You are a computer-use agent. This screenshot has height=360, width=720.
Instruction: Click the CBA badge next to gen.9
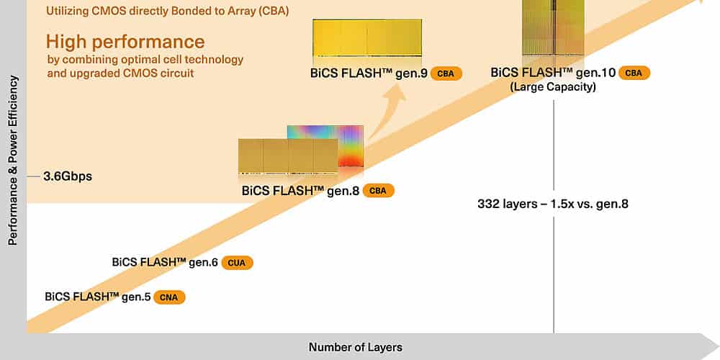446,73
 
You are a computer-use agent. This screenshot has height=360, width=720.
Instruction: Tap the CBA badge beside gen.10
634,73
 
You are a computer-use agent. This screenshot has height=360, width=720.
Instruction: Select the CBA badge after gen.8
379,191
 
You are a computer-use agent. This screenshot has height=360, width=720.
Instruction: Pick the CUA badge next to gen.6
237,263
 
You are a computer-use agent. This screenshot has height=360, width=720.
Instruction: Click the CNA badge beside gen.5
169,297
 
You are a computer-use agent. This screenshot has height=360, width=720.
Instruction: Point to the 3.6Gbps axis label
68,176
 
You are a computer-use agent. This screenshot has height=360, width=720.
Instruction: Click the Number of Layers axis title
356,347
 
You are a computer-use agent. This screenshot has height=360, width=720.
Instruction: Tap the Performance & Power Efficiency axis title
13,161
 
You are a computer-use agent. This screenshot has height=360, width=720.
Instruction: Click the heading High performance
125,42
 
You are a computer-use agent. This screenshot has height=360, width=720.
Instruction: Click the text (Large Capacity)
553,87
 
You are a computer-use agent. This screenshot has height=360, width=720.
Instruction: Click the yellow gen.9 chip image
367,37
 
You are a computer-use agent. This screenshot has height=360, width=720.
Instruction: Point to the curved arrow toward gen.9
386,112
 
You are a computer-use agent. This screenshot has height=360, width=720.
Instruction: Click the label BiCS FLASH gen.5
98,297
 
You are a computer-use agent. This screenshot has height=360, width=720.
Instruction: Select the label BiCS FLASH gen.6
165,263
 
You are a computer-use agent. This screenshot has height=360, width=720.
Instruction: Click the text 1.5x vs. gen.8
590,204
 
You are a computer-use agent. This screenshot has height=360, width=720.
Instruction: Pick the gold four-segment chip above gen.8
289,157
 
